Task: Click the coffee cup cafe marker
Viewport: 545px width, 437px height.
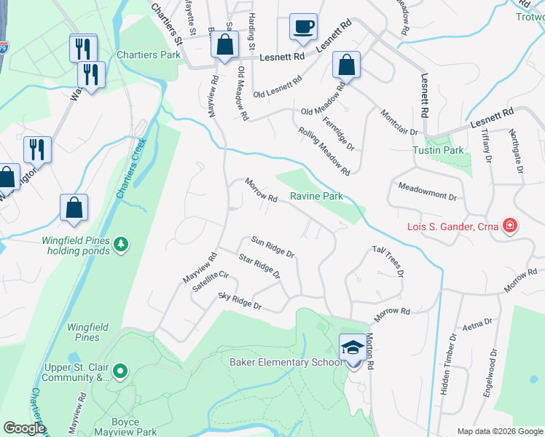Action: (302, 28)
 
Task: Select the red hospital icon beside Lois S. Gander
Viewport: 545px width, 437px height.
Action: (510, 226)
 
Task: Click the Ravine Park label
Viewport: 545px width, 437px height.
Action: (316, 197)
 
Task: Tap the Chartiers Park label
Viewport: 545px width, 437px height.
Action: (149, 55)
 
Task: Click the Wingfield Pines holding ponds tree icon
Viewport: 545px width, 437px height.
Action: (122, 243)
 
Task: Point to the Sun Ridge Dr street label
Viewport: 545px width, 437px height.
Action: (272, 246)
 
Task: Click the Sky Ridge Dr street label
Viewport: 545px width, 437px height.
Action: (240, 301)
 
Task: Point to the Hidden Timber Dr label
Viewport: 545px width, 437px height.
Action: (448, 363)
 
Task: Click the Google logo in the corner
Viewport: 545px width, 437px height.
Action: (24, 428)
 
